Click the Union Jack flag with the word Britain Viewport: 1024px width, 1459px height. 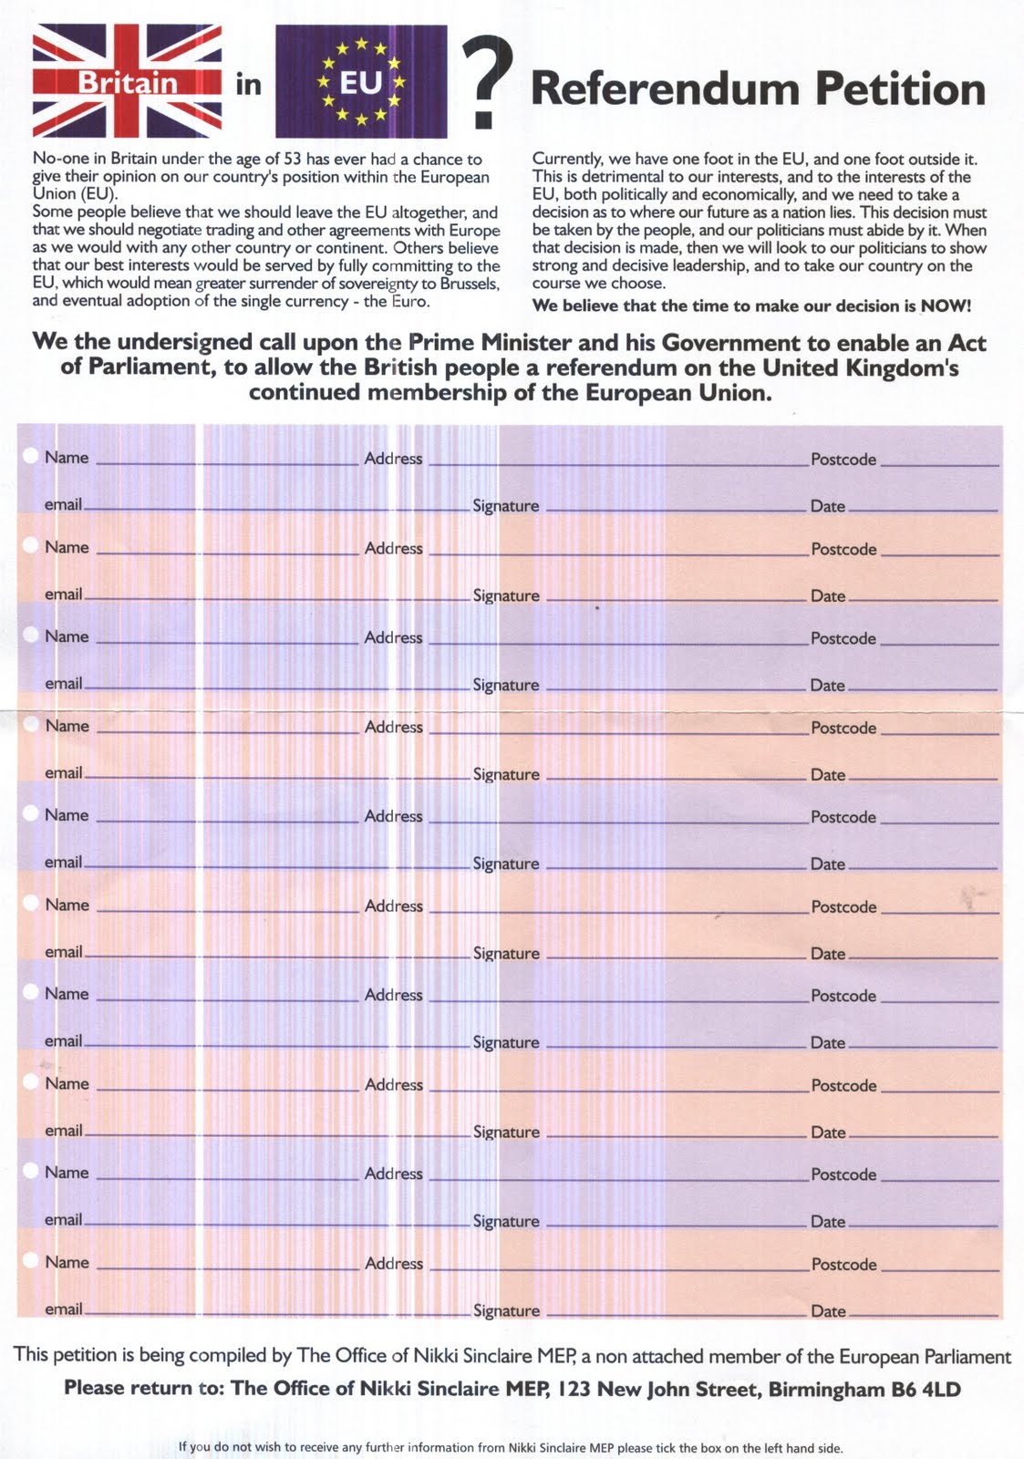click(x=127, y=81)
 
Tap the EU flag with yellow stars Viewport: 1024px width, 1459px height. click(x=361, y=81)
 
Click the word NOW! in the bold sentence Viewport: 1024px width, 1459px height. click(x=946, y=306)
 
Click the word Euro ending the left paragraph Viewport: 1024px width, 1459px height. click(x=409, y=301)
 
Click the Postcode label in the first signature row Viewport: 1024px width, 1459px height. click(x=843, y=460)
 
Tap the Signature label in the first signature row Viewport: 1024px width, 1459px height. click(x=505, y=506)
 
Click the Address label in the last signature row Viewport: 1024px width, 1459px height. click(x=394, y=1264)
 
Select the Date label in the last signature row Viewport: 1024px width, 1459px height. click(x=828, y=1311)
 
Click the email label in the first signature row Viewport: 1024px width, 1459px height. click(x=64, y=504)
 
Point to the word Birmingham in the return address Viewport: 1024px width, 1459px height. click(x=828, y=1390)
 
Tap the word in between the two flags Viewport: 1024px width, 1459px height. click(x=248, y=85)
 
